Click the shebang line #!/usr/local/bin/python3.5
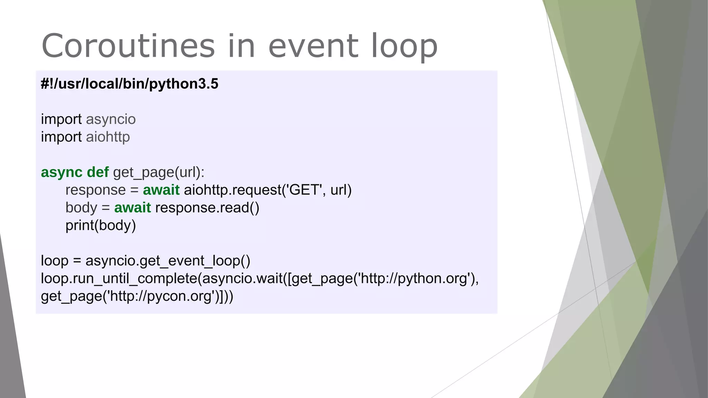130,84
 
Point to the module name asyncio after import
111,120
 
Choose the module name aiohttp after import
108,137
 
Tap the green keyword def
97,172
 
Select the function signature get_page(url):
159,172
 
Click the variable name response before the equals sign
95,190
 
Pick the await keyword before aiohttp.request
161,190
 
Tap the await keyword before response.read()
132,208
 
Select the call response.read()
207,208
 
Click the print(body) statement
101,226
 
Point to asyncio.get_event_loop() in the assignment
168,261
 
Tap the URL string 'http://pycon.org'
161,296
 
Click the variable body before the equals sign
81,208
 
